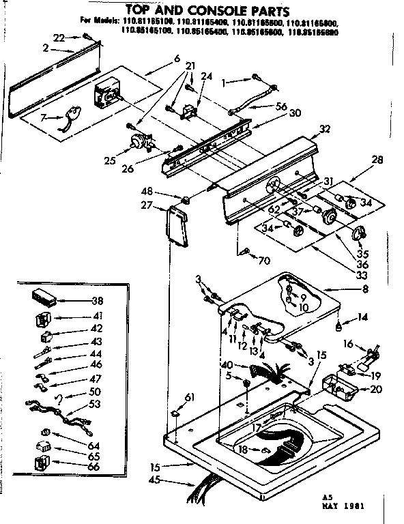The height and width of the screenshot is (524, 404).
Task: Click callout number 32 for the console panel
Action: click(x=324, y=129)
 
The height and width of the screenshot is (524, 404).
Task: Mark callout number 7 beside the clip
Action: click(x=44, y=117)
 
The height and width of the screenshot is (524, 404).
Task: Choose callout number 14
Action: click(x=362, y=316)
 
